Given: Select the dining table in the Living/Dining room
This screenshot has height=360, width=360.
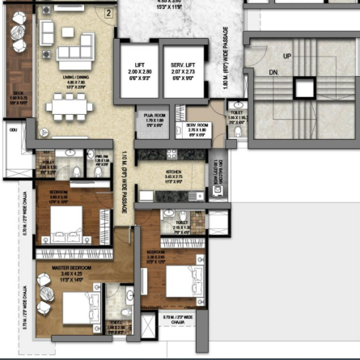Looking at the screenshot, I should (x=71, y=104).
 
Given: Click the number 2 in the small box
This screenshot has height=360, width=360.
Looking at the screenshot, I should (x=108, y=12).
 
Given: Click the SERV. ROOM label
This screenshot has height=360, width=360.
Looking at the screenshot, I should (x=197, y=125).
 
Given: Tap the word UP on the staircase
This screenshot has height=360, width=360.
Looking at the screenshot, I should (x=287, y=57).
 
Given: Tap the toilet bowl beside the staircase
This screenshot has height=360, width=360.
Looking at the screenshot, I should (x=233, y=107).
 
